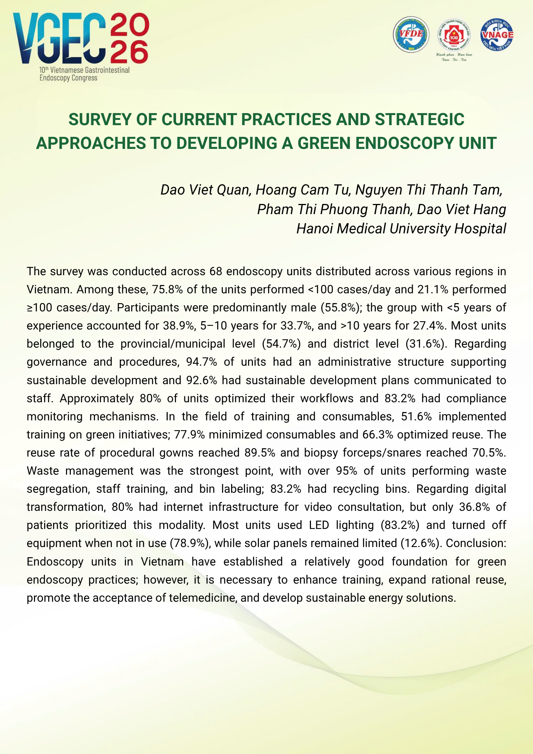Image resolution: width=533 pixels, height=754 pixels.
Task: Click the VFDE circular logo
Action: [411, 34]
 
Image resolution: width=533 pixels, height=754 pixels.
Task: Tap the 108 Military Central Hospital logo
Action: [454, 36]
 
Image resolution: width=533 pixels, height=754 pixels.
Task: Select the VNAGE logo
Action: [497, 34]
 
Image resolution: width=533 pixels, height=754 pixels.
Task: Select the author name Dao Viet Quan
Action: [205, 190]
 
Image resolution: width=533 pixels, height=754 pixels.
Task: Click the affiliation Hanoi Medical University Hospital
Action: [401, 228]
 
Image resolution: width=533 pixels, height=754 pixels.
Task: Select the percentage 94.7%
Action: [202, 362]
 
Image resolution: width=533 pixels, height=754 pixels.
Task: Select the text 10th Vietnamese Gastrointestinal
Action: [84, 70]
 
